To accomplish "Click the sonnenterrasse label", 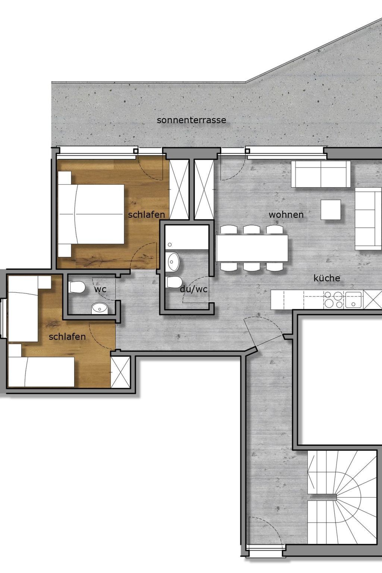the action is tap(191, 120).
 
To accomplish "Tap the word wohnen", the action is tap(286, 215).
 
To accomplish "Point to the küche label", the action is tap(327, 278).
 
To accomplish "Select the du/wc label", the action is tap(194, 289).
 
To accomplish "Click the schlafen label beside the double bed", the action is tap(146, 215).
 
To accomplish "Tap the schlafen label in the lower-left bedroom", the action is tap(67, 336).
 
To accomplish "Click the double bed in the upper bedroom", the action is tap(91, 214).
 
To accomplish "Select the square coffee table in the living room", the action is tap(331, 210).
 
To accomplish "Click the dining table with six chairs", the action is tap(252, 248).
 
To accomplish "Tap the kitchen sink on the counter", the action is tap(353, 300).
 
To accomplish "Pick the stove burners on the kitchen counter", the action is tap(334, 300).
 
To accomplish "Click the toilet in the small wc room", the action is tap(77, 287).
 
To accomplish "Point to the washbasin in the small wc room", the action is tap(100, 308).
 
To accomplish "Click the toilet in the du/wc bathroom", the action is tap(174, 282).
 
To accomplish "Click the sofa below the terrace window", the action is tap(321, 174).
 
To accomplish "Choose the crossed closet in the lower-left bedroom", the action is tap(120, 372).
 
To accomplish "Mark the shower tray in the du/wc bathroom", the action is tap(187, 237).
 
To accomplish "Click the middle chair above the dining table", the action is tap(252, 229).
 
